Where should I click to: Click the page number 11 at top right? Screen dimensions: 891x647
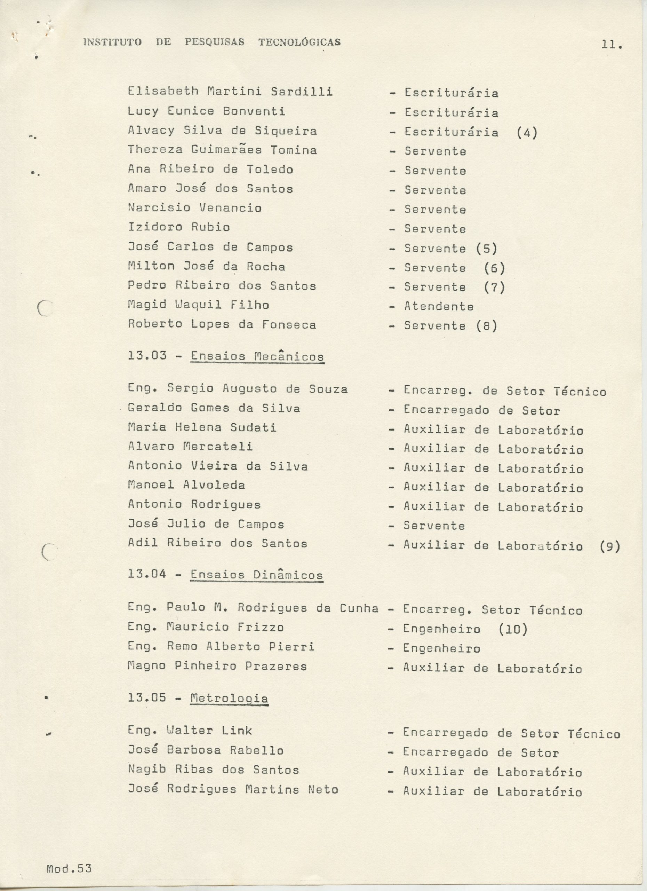click(x=611, y=46)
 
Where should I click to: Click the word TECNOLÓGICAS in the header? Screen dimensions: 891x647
click(x=299, y=42)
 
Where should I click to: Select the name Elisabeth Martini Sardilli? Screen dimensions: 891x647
click(x=230, y=92)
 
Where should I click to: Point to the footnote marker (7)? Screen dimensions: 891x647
click(x=494, y=287)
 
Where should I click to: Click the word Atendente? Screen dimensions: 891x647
click(x=439, y=306)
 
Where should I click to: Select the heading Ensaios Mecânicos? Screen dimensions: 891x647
click(x=257, y=357)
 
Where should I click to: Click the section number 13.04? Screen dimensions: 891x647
click(x=147, y=574)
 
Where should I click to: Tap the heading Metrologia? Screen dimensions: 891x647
click(x=229, y=698)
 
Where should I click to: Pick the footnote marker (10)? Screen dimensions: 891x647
click(x=513, y=629)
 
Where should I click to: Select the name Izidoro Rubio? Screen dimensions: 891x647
click(x=179, y=227)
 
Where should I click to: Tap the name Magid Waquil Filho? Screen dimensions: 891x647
click(x=198, y=305)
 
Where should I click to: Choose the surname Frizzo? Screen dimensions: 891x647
click(x=260, y=627)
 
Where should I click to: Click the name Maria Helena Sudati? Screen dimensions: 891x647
click(x=202, y=427)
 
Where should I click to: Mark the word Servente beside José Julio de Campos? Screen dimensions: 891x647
click(x=434, y=526)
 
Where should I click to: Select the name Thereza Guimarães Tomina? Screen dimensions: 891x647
click(x=222, y=150)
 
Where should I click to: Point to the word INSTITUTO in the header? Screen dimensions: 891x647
click(x=112, y=42)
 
